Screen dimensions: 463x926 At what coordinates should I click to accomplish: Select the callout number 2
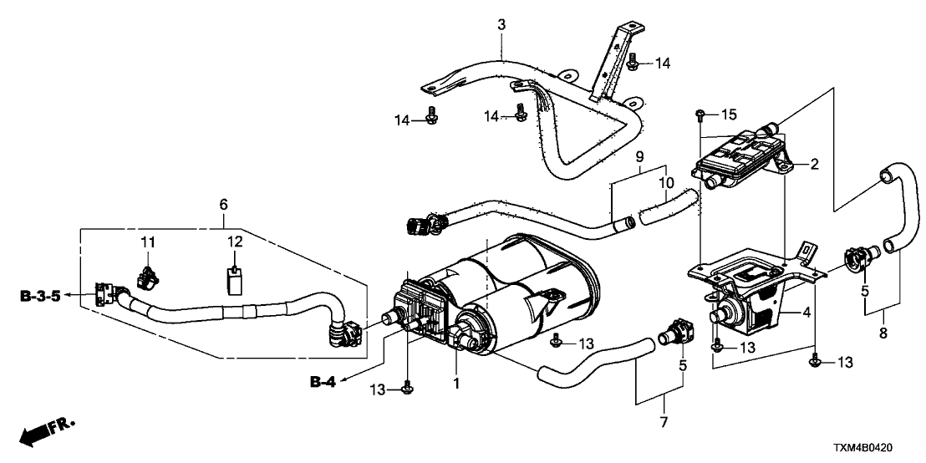(813, 165)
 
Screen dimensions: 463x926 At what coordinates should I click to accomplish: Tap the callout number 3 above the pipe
(501, 26)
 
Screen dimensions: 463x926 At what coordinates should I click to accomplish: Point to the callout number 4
(806, 313)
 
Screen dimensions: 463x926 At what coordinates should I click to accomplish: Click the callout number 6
(223, 204)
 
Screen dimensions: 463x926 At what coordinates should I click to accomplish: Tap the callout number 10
(666, 181)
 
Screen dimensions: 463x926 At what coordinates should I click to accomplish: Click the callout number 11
(148, 242)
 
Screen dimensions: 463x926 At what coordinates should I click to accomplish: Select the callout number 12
(235, 242)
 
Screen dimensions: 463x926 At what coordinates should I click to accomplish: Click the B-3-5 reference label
(40, 295)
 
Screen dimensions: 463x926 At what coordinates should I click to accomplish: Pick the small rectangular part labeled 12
(235, 278)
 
